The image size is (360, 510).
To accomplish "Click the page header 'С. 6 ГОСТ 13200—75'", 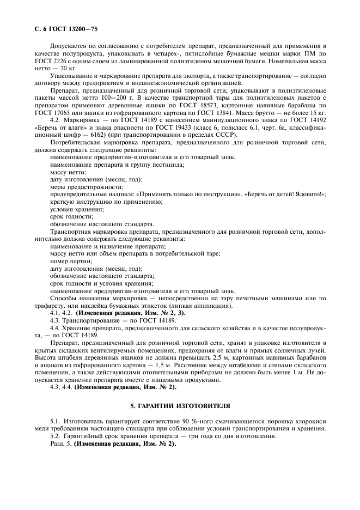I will click(x=63, y=27).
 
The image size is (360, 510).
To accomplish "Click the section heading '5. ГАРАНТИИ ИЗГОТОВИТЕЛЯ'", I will click(x=180, y=406).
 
